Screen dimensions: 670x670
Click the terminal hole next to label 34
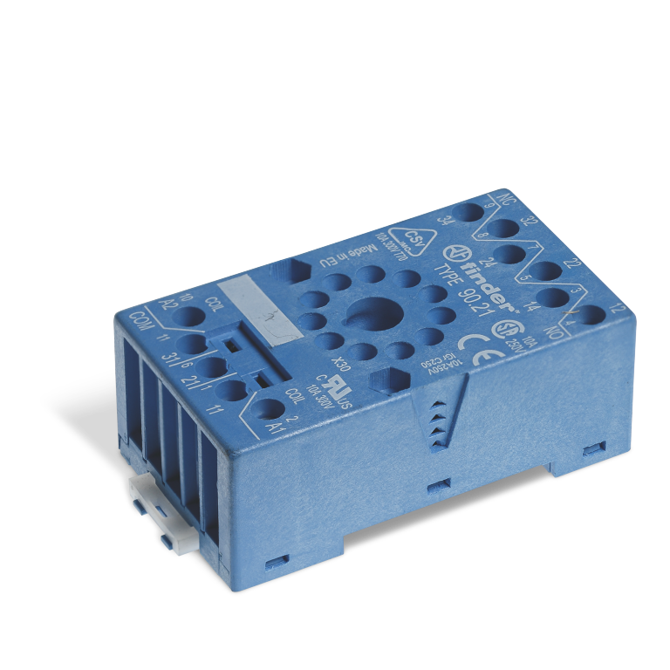click(x=471, y=212)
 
